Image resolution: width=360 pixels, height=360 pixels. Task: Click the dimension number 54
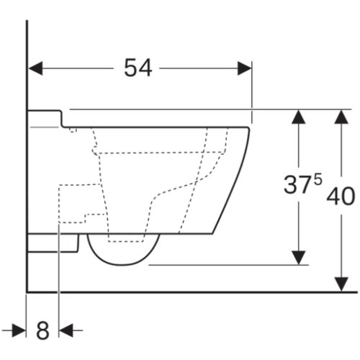138,68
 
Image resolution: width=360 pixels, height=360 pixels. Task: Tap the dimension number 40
341,197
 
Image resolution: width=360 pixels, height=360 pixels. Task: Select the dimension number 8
42,330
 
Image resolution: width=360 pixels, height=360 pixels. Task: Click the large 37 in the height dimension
296,184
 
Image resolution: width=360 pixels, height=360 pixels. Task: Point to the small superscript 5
318,179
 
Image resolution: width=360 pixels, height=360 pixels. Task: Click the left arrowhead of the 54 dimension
35,68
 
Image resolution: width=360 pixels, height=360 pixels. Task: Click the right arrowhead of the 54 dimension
245,68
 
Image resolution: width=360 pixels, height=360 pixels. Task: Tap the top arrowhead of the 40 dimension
341,117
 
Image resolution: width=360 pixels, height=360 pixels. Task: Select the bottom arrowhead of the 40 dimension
341,284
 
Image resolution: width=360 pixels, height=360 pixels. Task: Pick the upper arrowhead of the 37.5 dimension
298,117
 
